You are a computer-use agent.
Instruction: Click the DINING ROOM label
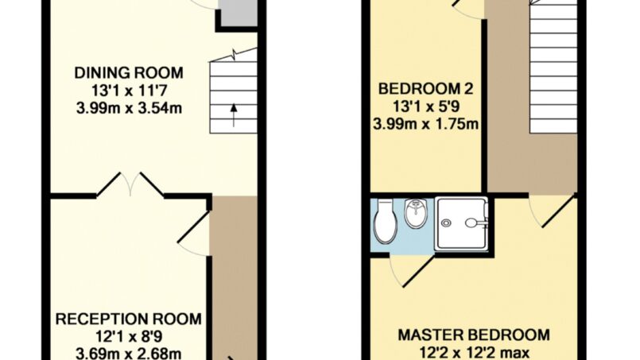129,73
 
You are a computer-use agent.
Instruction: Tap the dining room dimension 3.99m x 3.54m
129,109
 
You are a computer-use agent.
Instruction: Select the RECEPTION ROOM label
129,319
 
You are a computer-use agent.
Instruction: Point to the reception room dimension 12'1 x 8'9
129,337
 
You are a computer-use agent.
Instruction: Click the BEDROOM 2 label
425,88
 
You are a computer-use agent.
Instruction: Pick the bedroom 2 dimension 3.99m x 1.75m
425,124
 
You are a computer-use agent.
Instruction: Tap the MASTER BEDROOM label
474,335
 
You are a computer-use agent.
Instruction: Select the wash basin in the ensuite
416,213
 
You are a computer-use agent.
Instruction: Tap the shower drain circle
446,223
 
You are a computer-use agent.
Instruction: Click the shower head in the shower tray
473,223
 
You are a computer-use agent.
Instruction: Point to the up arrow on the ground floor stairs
234,115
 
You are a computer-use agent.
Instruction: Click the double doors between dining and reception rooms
130,184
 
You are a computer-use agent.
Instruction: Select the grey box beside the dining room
239,13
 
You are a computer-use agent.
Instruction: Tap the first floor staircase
553,67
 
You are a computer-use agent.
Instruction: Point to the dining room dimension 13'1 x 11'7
129,91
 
